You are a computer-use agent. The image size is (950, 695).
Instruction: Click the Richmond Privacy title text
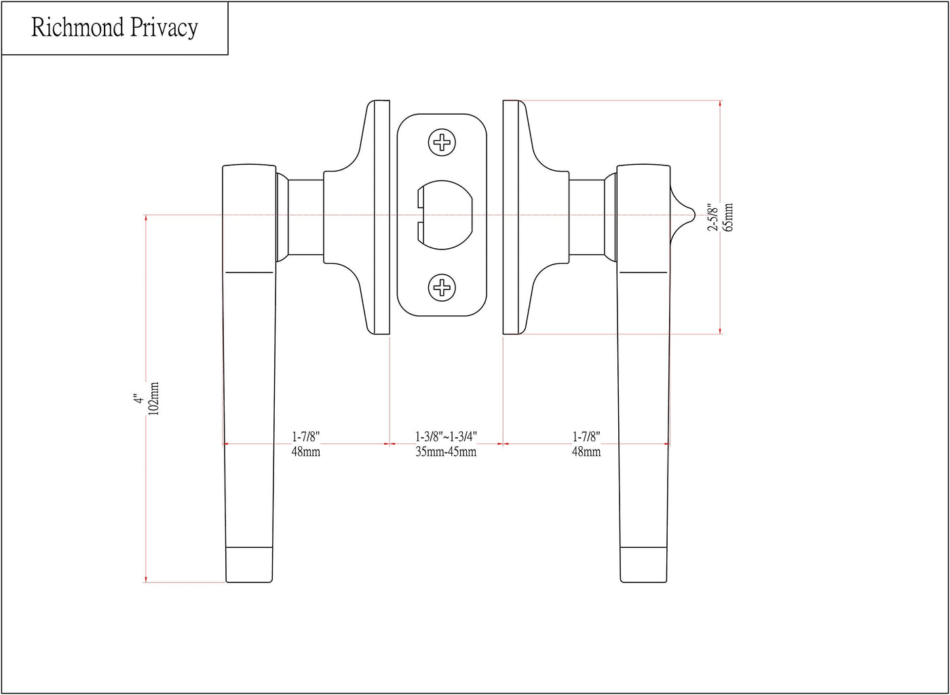coord(115,28)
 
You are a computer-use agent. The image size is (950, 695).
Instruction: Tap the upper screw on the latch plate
coord(442,142)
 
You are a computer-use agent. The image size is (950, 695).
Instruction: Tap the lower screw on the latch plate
coord(442,287)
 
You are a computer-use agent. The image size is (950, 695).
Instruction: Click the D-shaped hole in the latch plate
coord(444,215)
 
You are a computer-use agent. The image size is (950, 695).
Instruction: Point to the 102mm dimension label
coord(153,399)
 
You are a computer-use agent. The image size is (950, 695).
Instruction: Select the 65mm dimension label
coord(727,218)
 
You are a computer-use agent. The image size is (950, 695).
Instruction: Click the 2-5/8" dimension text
coord(713,218)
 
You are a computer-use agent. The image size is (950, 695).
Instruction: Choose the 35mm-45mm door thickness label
coord(446,452)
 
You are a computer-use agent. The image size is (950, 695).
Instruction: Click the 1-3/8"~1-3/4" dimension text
coord(446,436)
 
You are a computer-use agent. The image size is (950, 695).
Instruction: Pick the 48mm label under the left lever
coord(306,452)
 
